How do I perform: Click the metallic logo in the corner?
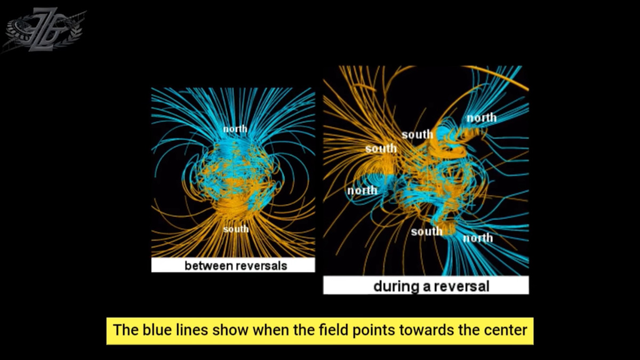point(43,30)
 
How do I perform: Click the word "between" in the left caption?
point(209,266)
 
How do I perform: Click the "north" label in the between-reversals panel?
point(235,129)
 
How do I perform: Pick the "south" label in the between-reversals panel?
point(236,229)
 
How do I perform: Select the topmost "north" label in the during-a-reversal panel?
point(482,118)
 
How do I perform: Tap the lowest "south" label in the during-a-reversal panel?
point(427,231)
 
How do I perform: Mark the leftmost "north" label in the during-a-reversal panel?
point(362,190)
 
